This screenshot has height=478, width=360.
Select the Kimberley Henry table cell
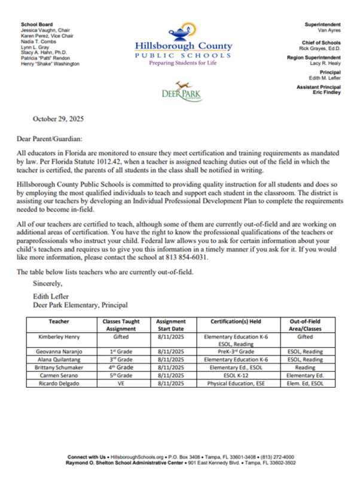tap(59, 336)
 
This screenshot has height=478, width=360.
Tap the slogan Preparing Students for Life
tap(182, 62)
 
